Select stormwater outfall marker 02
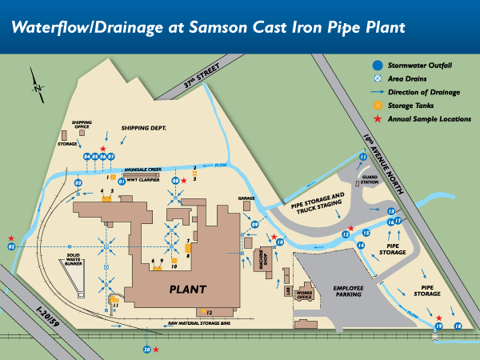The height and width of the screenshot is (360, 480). pos(12,247)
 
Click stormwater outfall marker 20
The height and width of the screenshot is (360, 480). pos(146,350)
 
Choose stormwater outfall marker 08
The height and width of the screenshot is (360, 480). pos(175,182)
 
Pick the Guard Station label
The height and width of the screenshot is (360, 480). pos(369,181)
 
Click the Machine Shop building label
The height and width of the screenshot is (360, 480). pos(262,261)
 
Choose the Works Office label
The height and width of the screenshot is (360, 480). pos(303,295)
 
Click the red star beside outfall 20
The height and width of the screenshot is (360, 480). pos(156,350)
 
